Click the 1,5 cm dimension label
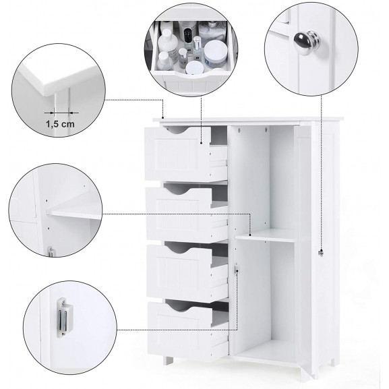pos(60,124)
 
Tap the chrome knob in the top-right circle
pos(307,42)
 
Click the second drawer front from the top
pos(179,214)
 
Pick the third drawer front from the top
pos(179,270)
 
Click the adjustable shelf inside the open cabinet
pos(265,235)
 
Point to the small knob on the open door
pos(320,253)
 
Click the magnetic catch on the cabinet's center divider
pos(236,269)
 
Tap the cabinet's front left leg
pos(168,360)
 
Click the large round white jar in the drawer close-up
pos(215,54)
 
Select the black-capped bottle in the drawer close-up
pos(188,36)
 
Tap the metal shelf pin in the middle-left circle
pos(51,251)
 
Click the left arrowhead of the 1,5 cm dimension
pos(52,113)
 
